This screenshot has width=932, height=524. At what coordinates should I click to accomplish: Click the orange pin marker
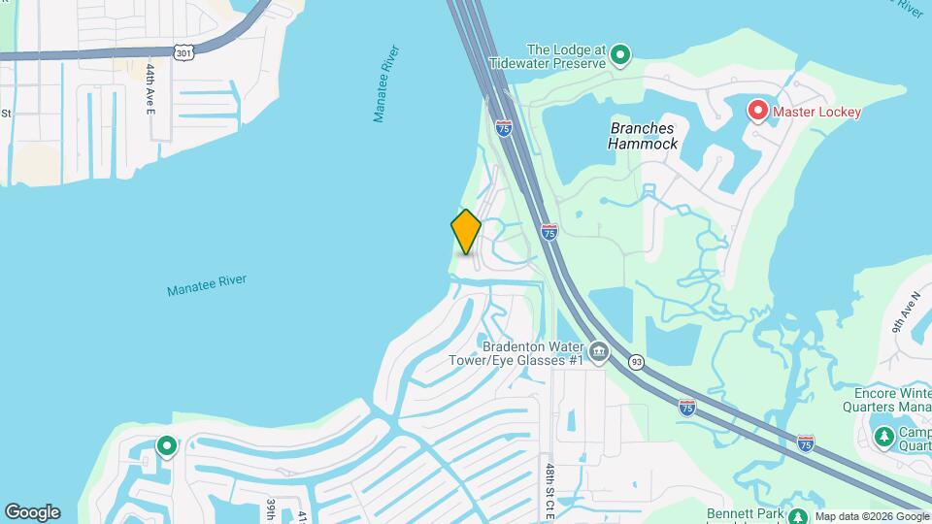pos(466,232)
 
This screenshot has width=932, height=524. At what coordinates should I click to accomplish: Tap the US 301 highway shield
pos(184,52)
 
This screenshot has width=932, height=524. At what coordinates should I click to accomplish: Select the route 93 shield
pos(637,361)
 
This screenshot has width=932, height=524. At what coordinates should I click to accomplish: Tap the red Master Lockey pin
pos(758,111)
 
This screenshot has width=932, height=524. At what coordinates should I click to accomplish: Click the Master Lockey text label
pos(816,113)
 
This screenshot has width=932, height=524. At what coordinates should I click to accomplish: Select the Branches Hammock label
pos(643,136)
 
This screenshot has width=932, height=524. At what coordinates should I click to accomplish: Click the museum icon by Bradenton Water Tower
pos(599,351)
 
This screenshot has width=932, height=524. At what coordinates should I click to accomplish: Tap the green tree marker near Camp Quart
pos(883,438)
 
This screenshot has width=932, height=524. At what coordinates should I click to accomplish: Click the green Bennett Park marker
pos(798,517)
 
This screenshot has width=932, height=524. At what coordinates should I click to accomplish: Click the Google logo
pos(32,512)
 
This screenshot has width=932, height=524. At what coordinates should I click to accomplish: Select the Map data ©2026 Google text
pos(872,516)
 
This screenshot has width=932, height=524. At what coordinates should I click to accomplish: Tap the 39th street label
pos(272,509)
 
